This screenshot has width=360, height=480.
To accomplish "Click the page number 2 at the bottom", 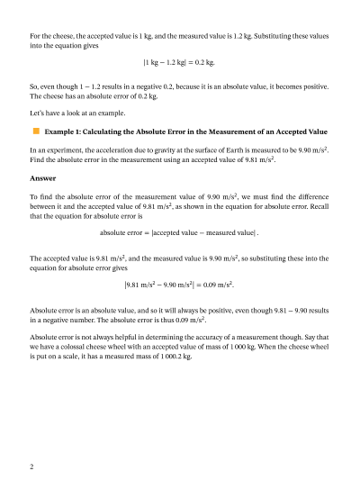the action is [x=31, y=467].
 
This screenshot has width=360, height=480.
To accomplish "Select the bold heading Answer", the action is [x=43, y=177].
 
